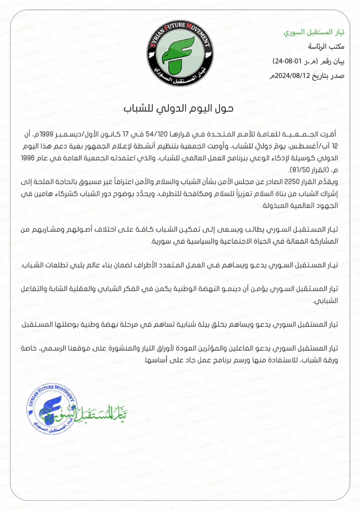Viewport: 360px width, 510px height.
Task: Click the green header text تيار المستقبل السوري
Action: [x=314, y=32]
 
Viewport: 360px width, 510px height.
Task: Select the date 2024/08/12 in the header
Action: [x=292, y=75]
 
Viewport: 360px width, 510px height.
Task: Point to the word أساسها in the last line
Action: [x=157, y=360]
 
